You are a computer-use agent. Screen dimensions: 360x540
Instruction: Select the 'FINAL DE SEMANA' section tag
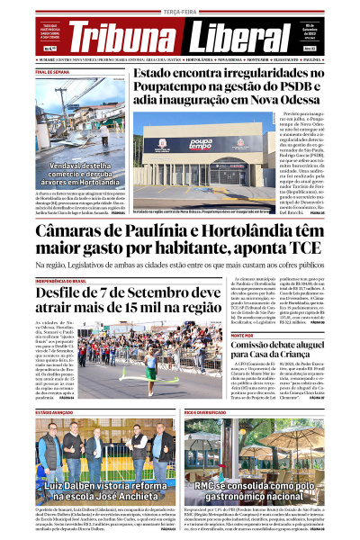pos(54,71)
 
